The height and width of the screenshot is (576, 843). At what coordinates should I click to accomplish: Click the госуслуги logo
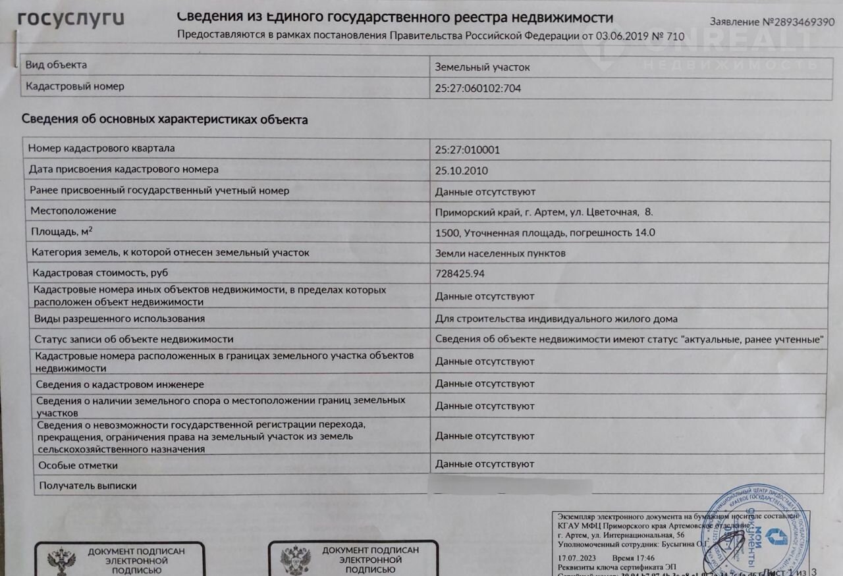pos(71,18)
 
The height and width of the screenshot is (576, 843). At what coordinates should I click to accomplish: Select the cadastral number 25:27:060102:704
pos(478,88)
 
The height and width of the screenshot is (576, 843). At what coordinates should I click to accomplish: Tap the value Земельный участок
pos(482,67)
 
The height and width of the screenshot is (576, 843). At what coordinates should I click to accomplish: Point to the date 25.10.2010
pos(461,170)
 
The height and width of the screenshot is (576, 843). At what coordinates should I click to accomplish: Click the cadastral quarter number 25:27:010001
pos(468,149)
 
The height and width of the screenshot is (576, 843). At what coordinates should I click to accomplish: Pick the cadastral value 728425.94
pos(464,273)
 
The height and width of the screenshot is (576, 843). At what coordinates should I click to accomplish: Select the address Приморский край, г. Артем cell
pos(544,212)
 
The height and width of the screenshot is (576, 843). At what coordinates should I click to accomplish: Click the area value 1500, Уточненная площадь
pos(545,232)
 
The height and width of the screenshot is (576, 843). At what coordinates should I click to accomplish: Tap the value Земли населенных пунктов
pos(501,253)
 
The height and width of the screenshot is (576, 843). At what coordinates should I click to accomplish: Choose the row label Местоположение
pos(73,211)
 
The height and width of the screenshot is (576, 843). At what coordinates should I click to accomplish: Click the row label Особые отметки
pos(78,465)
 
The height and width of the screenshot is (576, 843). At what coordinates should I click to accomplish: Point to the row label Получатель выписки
pos(88,486)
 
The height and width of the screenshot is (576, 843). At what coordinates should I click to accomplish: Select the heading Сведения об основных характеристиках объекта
pos(165,120)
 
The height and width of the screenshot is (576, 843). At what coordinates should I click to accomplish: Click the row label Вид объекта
pos(56,65)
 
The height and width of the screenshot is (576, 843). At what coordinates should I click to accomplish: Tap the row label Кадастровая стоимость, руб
pos(99,272)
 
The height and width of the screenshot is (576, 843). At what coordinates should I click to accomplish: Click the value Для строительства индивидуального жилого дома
pos(557,319)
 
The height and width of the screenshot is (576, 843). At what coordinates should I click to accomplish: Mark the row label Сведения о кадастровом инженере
pos(120,384)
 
